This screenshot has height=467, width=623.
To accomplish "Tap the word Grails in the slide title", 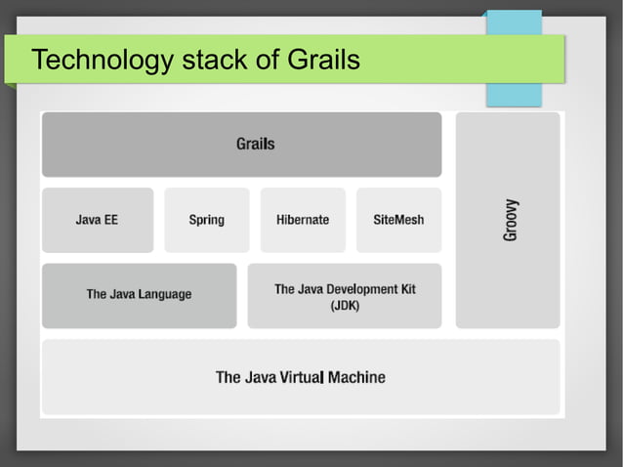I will (x=323, y=61).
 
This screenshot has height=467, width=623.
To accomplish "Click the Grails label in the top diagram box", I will (x=255, y=144).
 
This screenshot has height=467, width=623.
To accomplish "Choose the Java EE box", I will (x=97, y=220).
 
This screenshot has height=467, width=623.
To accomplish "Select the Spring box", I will (x=206, y=220).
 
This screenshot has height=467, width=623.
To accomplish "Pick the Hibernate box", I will (x=303, y=220).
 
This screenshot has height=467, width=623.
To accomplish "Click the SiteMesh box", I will (x=398, y=220).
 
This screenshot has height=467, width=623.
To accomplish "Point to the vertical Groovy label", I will (x=511, y=221).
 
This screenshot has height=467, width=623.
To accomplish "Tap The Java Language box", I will (x=139, y=294).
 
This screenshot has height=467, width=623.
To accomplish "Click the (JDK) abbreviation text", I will (x=345, y=306).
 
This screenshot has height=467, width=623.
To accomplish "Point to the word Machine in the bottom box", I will (x=357, y=377).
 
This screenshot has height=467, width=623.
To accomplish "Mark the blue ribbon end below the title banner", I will (x=514, y=95).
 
